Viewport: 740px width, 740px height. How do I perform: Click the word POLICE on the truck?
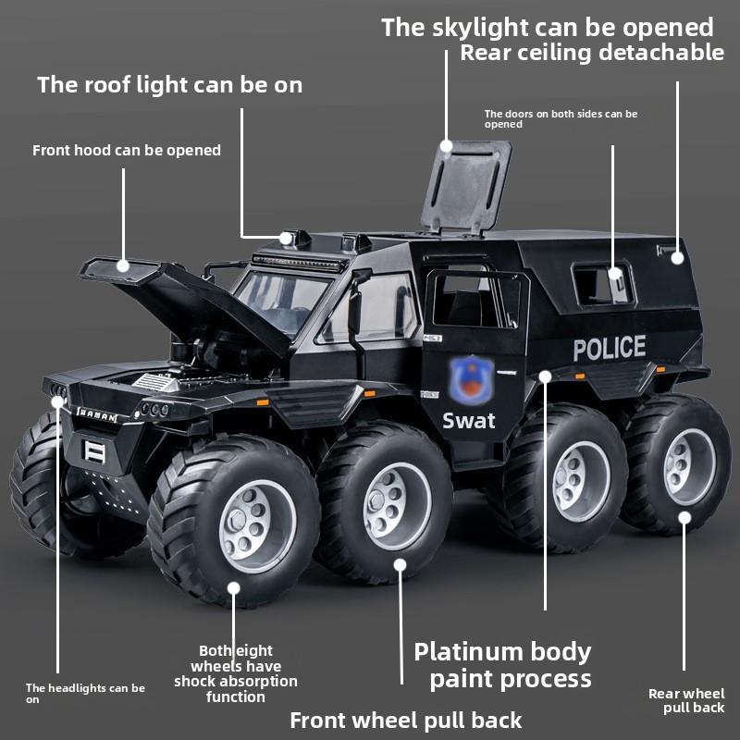tap(609, 349)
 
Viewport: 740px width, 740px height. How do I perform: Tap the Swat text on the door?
tap(468, 421)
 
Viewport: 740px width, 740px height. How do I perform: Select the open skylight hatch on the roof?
tap(467, 185)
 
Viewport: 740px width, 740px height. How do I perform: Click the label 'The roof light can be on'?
tap(169, 85)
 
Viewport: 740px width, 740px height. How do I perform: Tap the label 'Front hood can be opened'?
tap(127, 150)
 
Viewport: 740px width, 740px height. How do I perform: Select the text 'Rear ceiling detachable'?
tap(592, 52)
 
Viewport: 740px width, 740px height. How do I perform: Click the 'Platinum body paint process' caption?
tap(502, 665)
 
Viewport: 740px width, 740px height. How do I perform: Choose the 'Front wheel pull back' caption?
tap(406, 720)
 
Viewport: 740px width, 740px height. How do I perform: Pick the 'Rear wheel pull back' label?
tap(686, 700)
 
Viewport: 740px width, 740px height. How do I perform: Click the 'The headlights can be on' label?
tap(85, 693)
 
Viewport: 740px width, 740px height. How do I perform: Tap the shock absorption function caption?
tap(236, 673)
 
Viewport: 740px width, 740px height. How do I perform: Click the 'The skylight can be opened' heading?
tap(548, 27)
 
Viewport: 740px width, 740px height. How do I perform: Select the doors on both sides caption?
tap(561, 118)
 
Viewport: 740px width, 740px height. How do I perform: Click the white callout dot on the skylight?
tap(447, 145)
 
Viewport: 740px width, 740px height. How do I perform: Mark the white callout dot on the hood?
tap(123, 265)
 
